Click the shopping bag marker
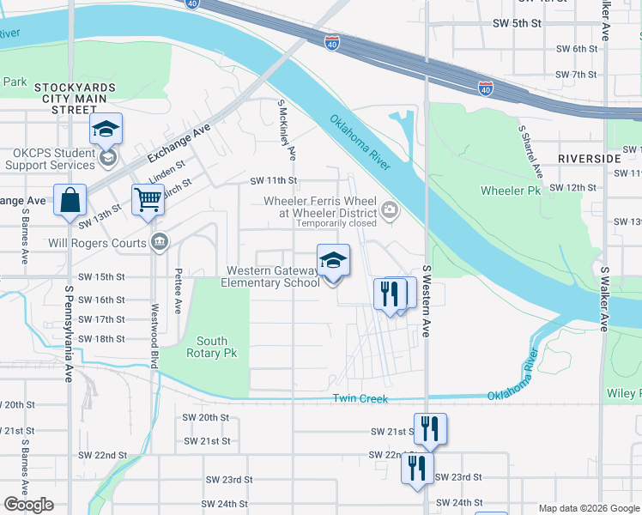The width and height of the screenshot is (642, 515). click(70, 199)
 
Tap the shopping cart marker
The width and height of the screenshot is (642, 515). click(148, 199)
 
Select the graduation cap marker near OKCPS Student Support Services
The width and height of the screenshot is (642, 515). click(106, 129)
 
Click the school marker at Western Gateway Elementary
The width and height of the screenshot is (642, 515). click(333, 259)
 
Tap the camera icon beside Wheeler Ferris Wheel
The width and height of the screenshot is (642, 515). click(390, 209)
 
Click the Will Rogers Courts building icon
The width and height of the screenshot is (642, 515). click(159, 242)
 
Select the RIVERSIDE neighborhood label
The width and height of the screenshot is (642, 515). click(589, 159)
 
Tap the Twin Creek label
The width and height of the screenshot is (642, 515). click(360, 399)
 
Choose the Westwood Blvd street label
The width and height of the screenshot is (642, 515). click(155, 336)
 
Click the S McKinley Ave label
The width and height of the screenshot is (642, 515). click(287, 129)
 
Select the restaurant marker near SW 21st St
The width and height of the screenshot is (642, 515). click(429, 427)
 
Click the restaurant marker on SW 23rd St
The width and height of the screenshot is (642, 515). click(416, 468)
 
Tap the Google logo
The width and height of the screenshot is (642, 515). click(29, 505)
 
